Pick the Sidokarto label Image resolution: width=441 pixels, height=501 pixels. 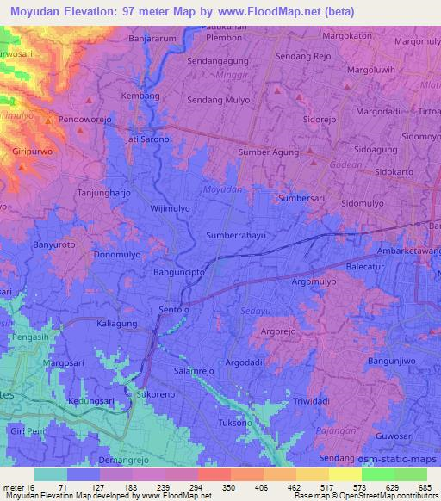tap(401, 171)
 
